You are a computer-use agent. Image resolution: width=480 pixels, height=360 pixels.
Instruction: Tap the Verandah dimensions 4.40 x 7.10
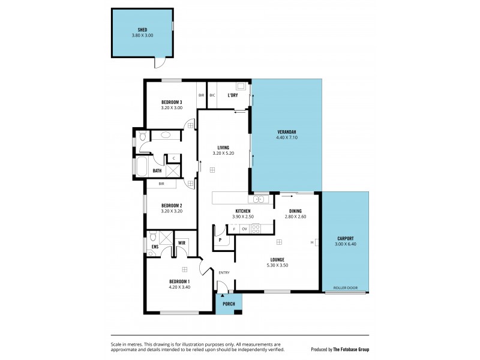(x=287, y=138)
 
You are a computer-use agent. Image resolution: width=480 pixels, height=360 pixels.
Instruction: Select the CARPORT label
(x=345, y=238)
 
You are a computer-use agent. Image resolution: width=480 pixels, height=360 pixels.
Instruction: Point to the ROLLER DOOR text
(x=345, y=288)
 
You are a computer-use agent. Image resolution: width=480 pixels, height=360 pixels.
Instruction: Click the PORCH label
(x=229, y=304)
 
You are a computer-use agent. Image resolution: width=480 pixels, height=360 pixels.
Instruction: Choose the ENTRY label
(x=224, y=273)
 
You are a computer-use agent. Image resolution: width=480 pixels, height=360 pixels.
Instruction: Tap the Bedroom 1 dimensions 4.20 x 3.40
(x=179, y=287)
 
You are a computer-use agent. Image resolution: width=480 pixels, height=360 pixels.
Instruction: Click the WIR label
(x=181, y=243)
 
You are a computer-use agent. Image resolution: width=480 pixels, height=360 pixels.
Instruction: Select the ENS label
(x=155, y=247)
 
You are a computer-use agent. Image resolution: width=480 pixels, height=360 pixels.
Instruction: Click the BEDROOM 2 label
(x=172, y=205)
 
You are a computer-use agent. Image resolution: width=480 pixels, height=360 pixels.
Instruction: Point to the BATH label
(x=157, y=170)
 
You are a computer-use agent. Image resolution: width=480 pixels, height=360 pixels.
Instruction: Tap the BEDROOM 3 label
(x=172, y=103)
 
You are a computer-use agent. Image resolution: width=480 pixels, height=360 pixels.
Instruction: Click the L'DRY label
(x=232, y=95)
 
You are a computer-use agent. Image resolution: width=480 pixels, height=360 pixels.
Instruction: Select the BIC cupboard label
(x=212, y=95)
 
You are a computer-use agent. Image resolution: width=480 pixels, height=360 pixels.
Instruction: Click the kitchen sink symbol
(x=259, y=199)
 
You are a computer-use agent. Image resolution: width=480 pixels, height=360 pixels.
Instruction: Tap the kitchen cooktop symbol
(x=255, y=229)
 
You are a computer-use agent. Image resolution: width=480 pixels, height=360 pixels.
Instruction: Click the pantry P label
(x=220, y=239)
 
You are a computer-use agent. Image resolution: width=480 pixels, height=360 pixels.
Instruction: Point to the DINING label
(x=295, y=211)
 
